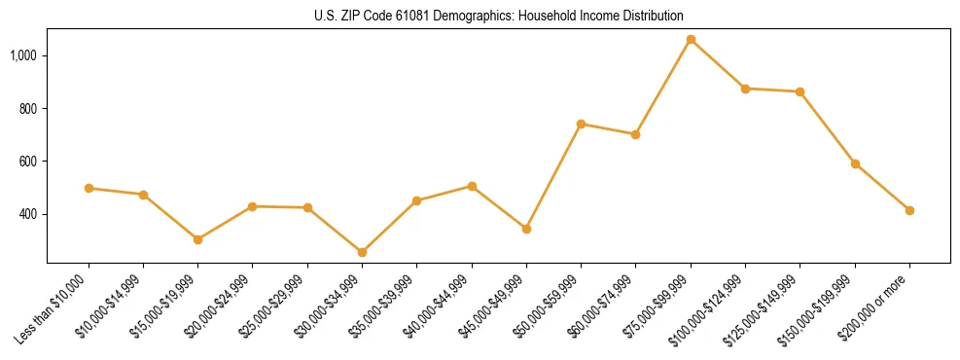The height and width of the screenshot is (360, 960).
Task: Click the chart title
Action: pyautogui.click(x=498, y=16)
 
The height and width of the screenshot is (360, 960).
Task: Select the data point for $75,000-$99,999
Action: pyautogui.click(x=691, y=40)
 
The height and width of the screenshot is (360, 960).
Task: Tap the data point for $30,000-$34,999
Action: pyautogui.click(x=362, y=252)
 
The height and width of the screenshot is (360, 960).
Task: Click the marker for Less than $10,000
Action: pyautogui.click(x=89, y=188)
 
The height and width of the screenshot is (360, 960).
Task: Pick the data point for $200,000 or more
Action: pyautogui.click(x=909, y=210)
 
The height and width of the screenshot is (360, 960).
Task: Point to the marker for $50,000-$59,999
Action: pyautogui.click(x=581, y=124)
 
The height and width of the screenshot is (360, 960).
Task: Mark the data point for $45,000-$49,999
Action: pyautogui.click(x=526, y=229)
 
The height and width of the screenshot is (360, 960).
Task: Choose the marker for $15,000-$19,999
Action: pyautogui.click(x=197, y=239)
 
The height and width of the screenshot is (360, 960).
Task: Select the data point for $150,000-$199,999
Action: pyautogui.click(x=855, y=163)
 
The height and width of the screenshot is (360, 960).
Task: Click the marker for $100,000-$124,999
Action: pyautogui.click(x=745, y=89)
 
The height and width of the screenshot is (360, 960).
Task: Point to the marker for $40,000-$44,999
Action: pyautogui.click(x=472, y=186)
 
